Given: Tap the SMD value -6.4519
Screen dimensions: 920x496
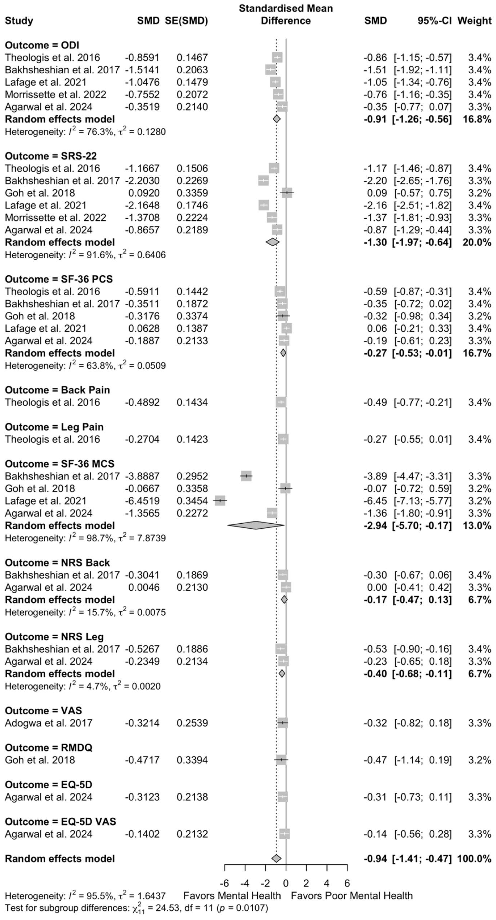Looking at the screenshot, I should pyautogui.click(x=142, y=501).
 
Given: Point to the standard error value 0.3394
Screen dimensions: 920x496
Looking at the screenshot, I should pyautogui.click(x=192, y=760).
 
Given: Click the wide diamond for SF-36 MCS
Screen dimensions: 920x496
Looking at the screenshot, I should pyautogui.click(x=256, y=525).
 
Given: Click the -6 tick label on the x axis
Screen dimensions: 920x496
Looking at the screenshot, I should pyautogui.click(x=224, y=883).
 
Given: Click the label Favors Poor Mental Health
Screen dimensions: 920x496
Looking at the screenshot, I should pyautogui.click(x=352, y=896).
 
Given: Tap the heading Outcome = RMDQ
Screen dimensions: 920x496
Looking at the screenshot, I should pyautogui.click(x=49, y=748).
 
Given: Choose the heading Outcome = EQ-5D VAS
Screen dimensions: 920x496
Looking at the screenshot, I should pyautogui.click(x=60, y=821).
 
